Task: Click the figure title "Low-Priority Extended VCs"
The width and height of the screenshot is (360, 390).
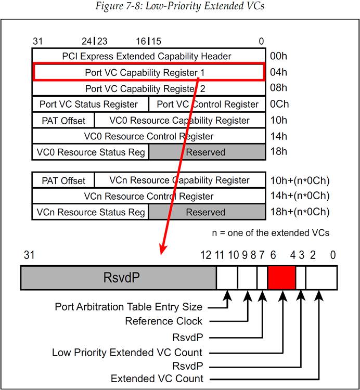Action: (x=179, y=6)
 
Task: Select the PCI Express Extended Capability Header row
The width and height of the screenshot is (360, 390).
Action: (x=147, y=56)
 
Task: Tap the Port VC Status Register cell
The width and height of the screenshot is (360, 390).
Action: (x=89, y=104)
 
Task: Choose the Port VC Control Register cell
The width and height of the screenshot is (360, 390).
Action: (x=207, y=104)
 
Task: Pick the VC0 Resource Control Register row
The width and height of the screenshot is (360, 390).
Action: (x=148, y=136)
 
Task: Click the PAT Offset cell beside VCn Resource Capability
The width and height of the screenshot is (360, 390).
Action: (x=63, y=180)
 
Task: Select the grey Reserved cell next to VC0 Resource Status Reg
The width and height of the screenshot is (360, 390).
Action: (x=206, y=152)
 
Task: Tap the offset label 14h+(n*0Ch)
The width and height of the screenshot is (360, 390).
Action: (x=299, y=196)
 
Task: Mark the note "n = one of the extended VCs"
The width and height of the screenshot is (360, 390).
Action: (x=271, y=232)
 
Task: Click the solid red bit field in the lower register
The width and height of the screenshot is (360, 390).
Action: (x=281, y=277)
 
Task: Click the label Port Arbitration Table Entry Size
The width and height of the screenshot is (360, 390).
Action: (x=128, y=307)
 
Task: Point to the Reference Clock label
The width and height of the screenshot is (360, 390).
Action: (x=164, y=321)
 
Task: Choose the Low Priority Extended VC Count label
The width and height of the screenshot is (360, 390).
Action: (x=127, y=353)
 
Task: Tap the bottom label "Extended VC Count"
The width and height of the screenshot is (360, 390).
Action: (x=157, y=378)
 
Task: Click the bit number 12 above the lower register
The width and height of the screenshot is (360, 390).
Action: (x=205, y=255)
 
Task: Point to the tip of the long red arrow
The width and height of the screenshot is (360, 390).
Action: (x=162, y=254)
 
